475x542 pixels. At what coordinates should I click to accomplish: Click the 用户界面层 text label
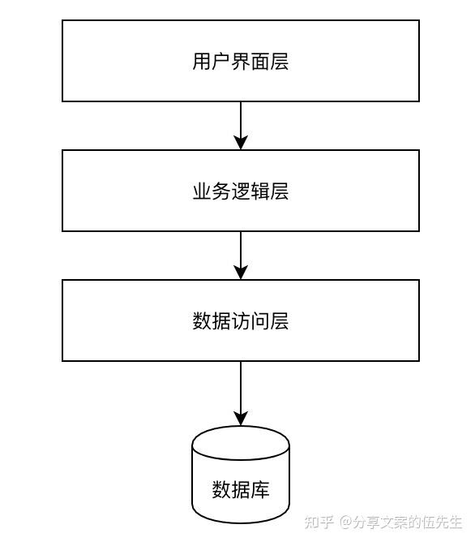tap(240, 62)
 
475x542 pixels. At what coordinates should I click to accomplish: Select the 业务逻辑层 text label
tap(240, 191)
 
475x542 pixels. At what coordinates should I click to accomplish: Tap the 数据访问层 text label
tap(240, 321)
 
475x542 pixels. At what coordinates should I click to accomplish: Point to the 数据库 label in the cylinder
tap(241, 489)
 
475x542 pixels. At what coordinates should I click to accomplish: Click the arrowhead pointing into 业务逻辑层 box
tap(241, 143)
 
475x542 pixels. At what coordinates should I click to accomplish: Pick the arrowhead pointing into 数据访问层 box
tap(241, 273)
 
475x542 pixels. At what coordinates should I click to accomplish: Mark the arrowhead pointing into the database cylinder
tap(241, 419)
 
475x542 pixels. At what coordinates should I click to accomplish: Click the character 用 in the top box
tap(202, 62)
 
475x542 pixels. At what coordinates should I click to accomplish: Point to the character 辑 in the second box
tap(260, 191)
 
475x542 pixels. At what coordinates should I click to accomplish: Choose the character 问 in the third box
tap(260, 321)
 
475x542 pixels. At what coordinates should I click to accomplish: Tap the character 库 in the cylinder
tap(260, 489)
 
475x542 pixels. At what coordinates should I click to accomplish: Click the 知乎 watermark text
tap(319, 522)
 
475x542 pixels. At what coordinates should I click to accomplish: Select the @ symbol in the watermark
tap(346, 522)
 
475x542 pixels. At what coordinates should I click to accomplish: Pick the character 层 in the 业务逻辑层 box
tap(280, 191)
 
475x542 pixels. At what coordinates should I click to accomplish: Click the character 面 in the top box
tap(260, 62)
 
